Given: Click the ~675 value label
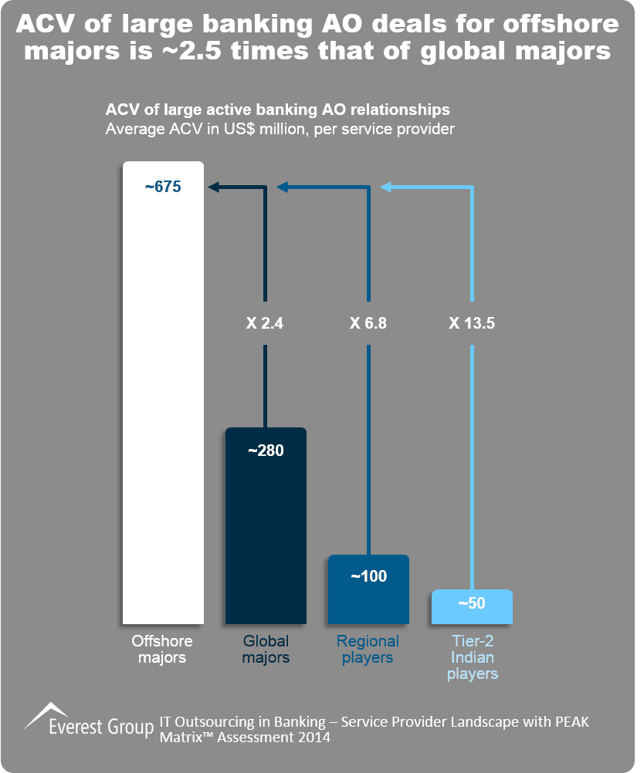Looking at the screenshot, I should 163,187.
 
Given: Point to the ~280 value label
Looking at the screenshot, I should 266,451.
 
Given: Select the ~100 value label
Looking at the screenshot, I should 368,576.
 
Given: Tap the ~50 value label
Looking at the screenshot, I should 472,603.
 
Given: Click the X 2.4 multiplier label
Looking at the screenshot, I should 266,324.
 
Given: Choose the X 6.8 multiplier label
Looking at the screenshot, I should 368,324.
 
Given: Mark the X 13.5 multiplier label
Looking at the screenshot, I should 472,324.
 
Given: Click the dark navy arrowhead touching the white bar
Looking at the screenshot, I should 212,187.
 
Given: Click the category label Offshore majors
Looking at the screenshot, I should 162,650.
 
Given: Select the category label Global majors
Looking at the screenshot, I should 266,650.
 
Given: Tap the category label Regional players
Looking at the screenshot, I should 368,650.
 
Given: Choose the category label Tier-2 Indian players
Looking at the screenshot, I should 472,657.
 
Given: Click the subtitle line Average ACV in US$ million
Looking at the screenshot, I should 280,129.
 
